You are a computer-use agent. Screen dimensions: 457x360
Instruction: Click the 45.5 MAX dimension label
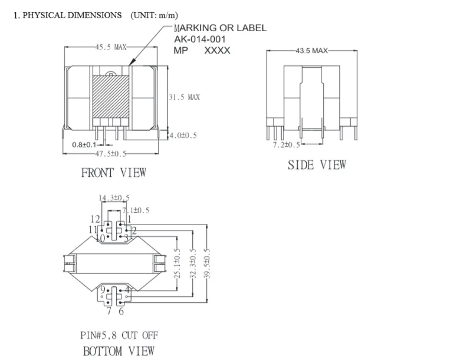click(111, 47)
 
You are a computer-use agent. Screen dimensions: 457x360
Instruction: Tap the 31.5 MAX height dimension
click(185, 97)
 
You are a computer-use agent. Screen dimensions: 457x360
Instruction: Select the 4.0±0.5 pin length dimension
click(183, 136)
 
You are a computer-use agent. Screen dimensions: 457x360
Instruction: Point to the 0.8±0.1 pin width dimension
click(84, 144)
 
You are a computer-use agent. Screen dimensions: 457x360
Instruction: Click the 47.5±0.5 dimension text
click(111, 154)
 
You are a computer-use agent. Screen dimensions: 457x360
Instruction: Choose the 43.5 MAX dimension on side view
click(311, 51)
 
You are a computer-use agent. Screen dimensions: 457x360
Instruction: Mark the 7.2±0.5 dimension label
click(286, 145)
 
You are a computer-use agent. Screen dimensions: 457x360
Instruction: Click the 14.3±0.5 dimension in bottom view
click(114, 198)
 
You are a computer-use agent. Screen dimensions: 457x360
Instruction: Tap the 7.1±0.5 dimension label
click(136, 210)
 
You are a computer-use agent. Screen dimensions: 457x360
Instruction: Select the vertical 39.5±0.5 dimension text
click(206, 263)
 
